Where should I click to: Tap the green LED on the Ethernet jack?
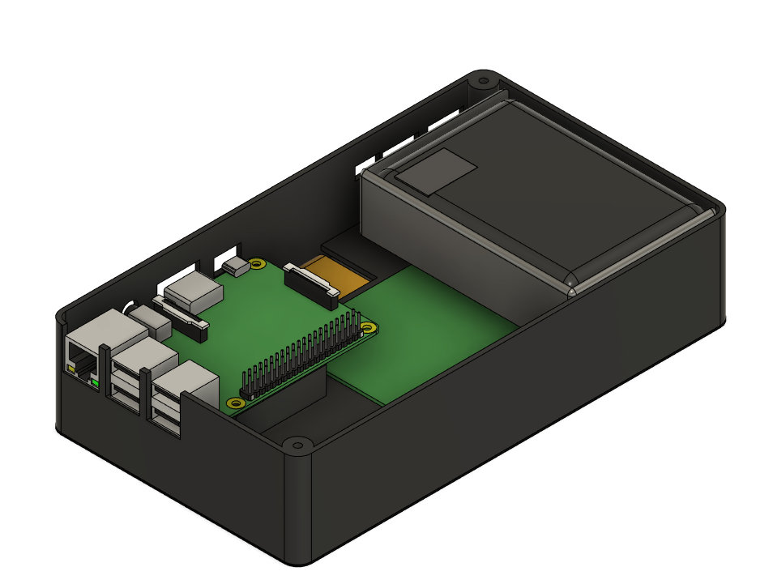(96, 381)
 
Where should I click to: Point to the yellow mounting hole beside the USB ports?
(235, 402)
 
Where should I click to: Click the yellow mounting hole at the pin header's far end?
(369, 328)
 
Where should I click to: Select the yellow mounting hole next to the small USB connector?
(258, 264)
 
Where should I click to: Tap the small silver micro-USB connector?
(237, 266)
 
